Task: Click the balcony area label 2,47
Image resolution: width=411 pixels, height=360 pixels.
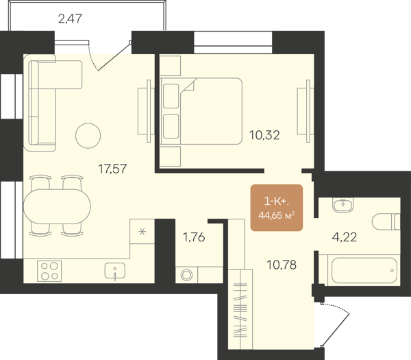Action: point(70,19)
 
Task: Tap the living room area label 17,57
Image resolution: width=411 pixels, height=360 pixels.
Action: point(112,169)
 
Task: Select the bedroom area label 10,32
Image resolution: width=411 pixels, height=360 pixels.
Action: point(264,135)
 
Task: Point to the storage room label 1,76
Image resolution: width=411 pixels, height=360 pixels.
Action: point(194,237)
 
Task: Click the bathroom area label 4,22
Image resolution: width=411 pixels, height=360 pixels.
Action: point(345,237)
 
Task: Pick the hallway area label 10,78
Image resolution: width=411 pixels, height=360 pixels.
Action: point(282,265)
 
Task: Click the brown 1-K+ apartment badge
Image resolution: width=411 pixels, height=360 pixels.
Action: point(277,208)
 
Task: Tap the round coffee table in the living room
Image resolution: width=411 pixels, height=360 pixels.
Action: point(88,136)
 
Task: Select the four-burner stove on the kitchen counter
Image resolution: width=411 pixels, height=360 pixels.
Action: point(49,271)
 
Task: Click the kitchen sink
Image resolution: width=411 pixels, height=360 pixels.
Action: point(115,271)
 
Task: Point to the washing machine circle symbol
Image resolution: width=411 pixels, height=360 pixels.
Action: point(186,275)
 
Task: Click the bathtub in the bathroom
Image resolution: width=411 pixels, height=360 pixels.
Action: point(364,270)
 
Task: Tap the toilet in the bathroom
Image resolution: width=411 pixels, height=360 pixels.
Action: point(386,222)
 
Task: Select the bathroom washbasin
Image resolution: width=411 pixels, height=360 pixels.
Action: point(343,204)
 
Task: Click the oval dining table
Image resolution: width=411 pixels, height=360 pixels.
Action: point(57,206)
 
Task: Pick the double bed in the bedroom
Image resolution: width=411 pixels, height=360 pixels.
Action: point(201,111)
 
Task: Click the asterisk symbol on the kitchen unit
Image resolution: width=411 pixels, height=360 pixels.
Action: point(142,232)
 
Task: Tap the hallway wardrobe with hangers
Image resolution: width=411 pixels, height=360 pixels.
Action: point(240,309)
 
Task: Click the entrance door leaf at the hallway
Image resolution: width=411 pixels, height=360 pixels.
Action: point(336,330)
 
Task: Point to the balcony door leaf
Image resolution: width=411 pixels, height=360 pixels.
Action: point(114,56)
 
